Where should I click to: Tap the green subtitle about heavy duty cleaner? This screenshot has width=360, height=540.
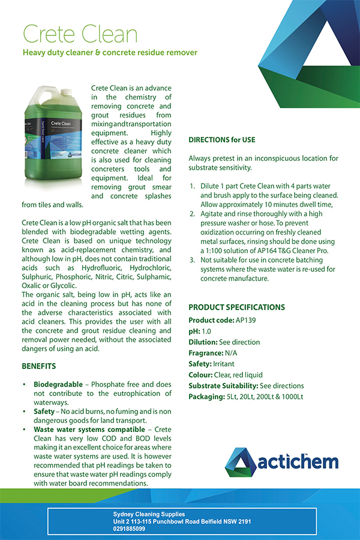coord(109,53)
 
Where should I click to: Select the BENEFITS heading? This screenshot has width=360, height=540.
coord(39,365)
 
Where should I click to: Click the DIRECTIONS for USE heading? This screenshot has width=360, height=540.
coord(221,140)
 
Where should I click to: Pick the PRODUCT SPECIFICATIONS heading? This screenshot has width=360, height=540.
coord(236,307)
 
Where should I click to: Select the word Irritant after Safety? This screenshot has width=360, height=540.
coord(224,364)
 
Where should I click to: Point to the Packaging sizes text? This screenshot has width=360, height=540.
coord(265,397)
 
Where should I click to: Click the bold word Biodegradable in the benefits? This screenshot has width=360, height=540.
coord(58,383)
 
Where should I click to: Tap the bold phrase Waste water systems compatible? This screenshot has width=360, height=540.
coord(89,430)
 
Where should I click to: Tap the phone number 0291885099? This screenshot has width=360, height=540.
coord(129,529)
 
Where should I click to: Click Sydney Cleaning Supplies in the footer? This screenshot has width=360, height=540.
coord(149,514)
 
